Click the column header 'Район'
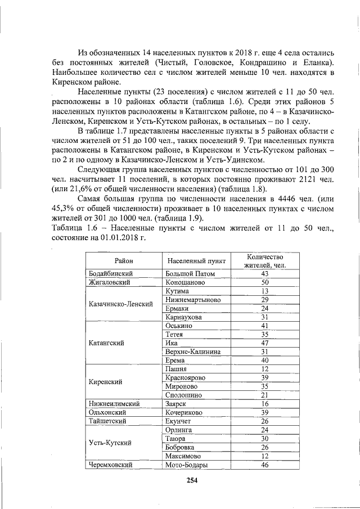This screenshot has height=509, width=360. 123,261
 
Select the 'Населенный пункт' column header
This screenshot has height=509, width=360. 197,261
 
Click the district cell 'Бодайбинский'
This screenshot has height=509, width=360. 111,273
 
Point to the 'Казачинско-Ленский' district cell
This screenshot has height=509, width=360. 121,304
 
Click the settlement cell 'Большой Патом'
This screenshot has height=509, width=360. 191,273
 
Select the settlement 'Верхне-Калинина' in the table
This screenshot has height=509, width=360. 193,352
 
